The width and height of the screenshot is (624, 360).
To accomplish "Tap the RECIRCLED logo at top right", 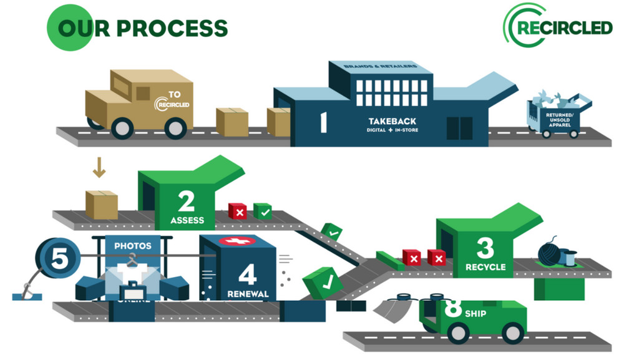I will tap(559, 28).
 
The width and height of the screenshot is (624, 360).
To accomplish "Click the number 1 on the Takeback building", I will tap(323, 121).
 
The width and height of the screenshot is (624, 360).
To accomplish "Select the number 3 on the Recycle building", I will tap(485, 248).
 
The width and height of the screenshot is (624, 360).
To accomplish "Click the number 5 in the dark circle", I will tap(58, 259).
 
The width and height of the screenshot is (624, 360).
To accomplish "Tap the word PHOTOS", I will tap(133, 246).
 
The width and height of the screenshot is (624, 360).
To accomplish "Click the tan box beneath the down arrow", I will tap(101, 205).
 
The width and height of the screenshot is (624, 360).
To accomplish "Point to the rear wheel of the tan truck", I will tap(122, 128).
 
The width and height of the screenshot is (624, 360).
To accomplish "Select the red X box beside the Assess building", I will tap(237, 211).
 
